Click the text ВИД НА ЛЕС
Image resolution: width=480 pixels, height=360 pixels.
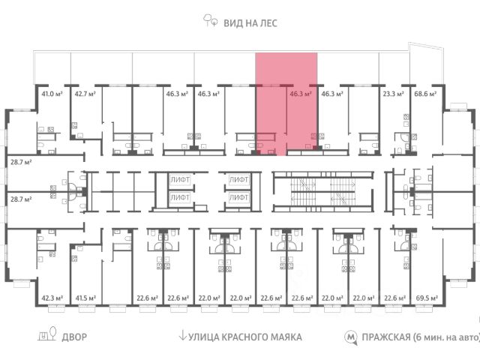click(250, 22)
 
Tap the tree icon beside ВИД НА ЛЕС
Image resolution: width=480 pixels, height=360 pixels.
click(211, 22)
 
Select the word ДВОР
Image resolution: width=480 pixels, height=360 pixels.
click(74, 337)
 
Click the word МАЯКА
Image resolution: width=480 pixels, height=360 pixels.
click(284, 337)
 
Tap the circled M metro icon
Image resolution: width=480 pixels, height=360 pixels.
click(350, 337)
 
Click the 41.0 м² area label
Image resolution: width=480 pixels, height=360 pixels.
click(52, 94)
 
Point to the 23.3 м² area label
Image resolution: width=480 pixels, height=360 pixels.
click(393, 94)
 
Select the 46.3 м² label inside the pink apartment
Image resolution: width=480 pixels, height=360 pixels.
click(300, 94)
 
